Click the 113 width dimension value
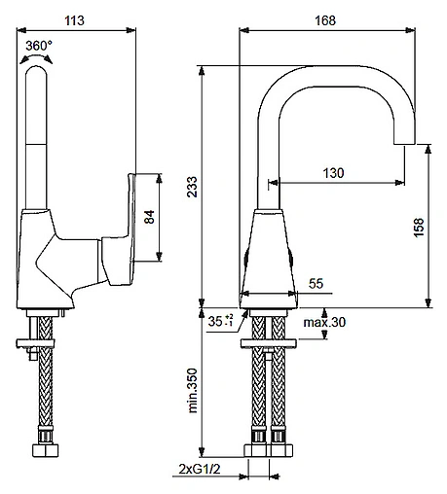pos(74,20)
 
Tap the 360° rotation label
pos(39,46)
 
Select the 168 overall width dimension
pos(325,20)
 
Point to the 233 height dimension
pos(192,187)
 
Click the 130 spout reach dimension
pos(333,173)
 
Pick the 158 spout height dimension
pos(419,228)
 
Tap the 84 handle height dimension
pos(149,217)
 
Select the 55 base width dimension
pos(316,283)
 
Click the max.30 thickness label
pos(324,322)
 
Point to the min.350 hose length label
pos(193,391)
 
